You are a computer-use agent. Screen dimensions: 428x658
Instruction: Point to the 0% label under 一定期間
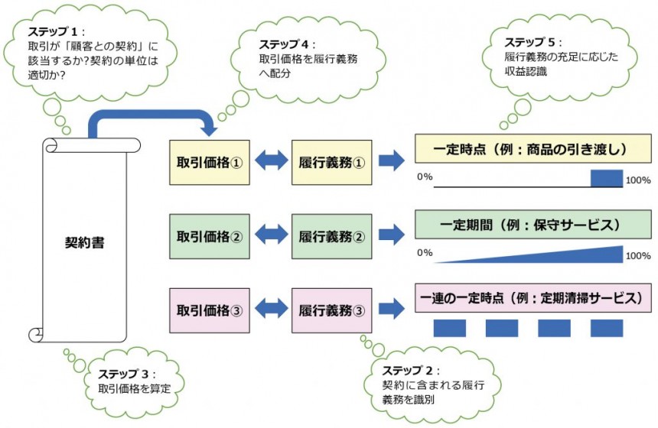425,252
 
